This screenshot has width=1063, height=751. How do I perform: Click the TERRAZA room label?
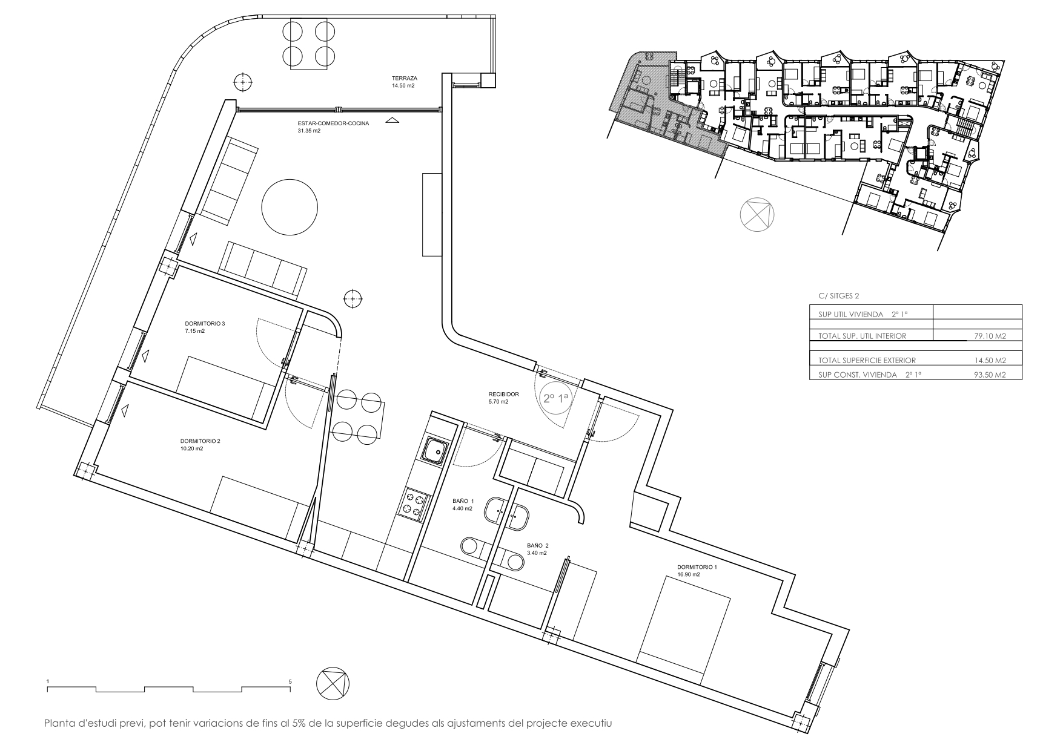point(404,78)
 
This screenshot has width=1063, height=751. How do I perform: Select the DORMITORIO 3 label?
point(205,324)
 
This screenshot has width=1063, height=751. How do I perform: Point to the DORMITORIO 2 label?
point(200,441)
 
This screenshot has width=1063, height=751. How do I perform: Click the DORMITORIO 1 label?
point(697,567)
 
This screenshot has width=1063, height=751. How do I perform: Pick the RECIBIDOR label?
point(504,394)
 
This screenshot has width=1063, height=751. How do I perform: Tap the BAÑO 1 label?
point(463,501)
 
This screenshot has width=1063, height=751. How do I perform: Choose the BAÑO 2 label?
point(537,545)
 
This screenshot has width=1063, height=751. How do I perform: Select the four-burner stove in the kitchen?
point(414,503)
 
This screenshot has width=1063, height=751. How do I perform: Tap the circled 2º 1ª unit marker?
point(556,399)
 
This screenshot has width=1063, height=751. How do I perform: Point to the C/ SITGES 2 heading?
point(838,296)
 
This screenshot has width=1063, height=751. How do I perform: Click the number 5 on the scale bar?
point(291,681)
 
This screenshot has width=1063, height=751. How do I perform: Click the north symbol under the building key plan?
point(757,214)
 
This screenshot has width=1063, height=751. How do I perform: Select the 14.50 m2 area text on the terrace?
point(403,86)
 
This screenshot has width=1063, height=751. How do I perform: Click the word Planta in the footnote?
point(59,723)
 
